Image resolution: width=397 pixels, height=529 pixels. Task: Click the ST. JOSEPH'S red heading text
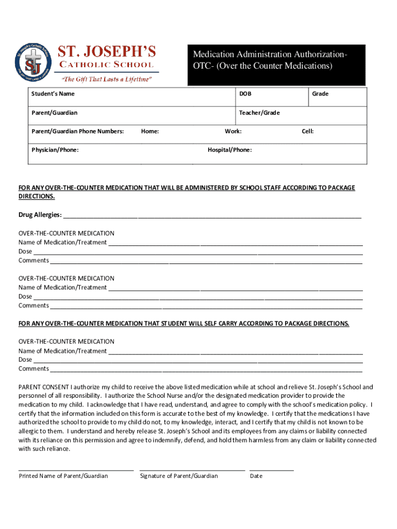point(107,52)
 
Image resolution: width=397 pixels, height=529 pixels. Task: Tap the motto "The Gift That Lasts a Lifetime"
point(107,79)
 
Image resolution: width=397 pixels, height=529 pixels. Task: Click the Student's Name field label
point(53,94)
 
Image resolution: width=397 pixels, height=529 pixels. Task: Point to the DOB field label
point(245,94)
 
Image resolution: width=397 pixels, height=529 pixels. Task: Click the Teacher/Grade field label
point(259,113)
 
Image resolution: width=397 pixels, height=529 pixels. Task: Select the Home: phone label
point(150,131)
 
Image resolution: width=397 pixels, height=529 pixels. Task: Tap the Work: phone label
point(233,131)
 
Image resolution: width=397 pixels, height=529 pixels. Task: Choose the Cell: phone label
point(308,131)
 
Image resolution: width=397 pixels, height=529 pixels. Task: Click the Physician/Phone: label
point(55,150)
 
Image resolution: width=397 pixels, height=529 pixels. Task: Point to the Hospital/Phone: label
point(230,150)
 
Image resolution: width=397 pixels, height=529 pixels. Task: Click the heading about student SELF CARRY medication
point(184,323)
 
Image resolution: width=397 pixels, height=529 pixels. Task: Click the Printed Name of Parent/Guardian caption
point(63,476)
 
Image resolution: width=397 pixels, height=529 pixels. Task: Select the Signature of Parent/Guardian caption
point(179,476)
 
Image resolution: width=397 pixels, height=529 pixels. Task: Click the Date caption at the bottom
point(256,476)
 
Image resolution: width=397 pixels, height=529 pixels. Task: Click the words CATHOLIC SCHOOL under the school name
point(107,65)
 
